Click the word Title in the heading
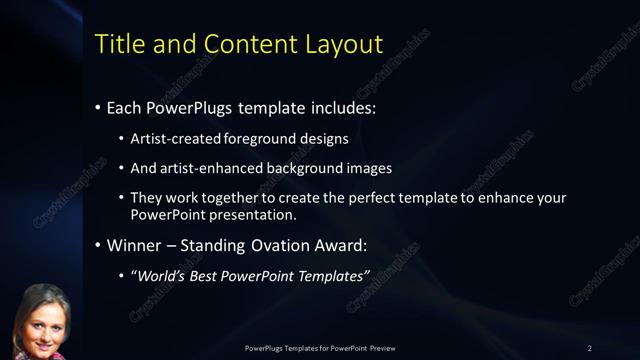pos(117,44)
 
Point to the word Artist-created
pos(173,140)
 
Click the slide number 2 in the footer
pos(590,348)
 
